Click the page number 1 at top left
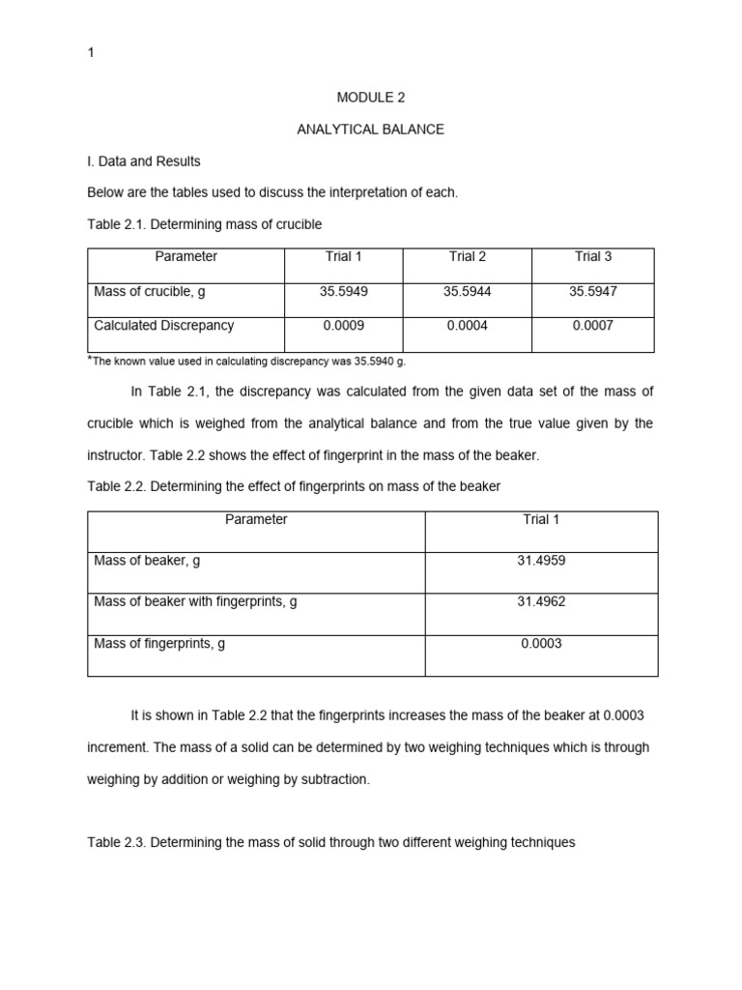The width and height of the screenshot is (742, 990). coord(91,53)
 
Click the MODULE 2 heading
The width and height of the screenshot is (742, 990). coord(370,98)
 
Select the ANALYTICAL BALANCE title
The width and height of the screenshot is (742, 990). coord(370,130)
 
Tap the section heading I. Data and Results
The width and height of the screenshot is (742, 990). coord(144,161)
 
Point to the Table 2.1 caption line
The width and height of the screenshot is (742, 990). coord(204,224)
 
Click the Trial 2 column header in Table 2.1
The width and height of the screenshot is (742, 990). coord(467,256)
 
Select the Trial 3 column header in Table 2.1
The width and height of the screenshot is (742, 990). coord(593,256)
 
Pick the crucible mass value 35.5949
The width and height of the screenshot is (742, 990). coord(343,290)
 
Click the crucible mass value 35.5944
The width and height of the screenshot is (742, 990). coord(467,290)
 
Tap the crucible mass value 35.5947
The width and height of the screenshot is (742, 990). coord(593,290)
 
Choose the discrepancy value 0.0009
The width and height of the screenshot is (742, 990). coord(343,326)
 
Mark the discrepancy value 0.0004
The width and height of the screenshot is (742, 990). coord(467,326)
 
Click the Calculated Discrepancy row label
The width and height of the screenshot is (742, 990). coord(163,326)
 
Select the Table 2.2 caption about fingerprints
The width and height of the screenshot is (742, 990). coord(294,486)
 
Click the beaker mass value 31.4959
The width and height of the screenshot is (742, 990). coord(541,561)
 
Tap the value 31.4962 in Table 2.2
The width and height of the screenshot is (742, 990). coord(541,601)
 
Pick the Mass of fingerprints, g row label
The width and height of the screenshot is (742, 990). coord(159,643)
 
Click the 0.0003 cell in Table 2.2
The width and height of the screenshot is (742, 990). coord(541,643)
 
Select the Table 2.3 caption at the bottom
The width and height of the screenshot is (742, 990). coord(330,842)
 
